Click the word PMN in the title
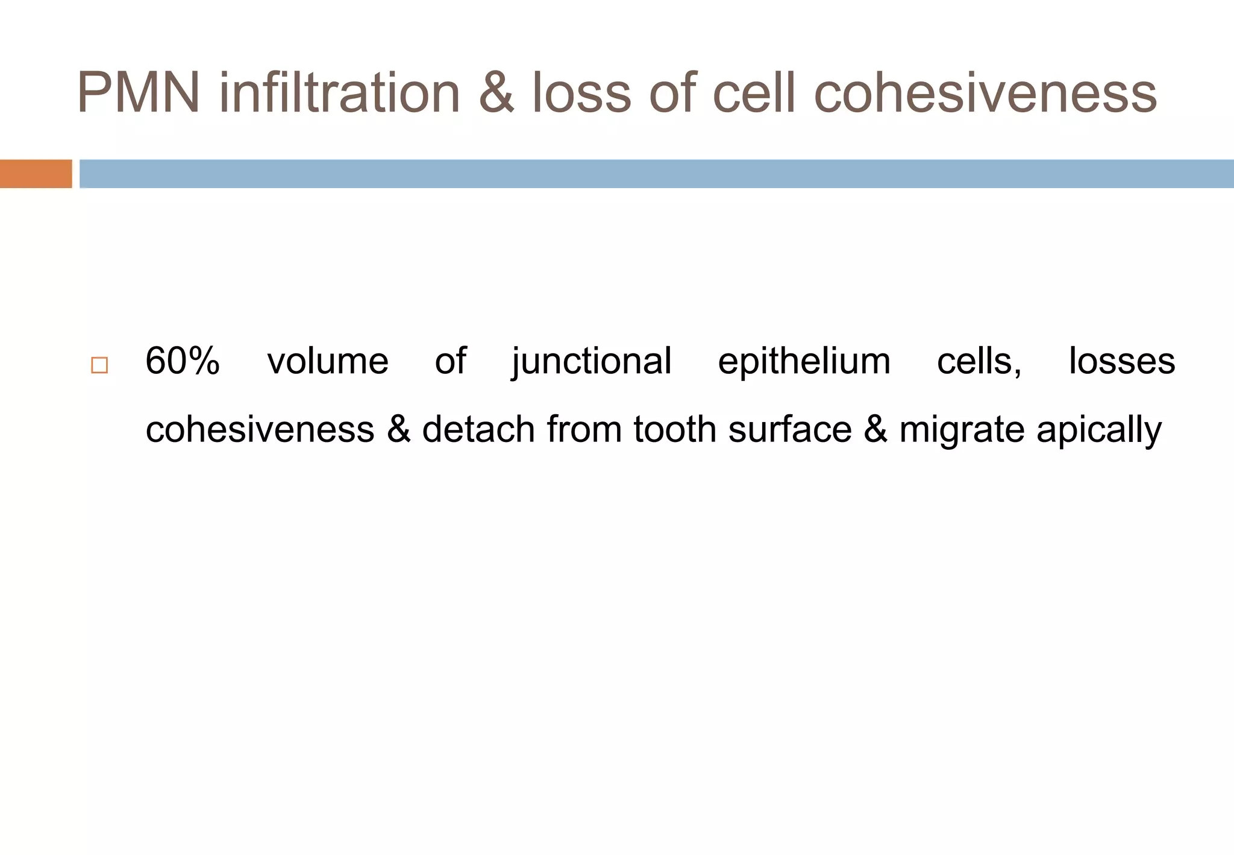139,93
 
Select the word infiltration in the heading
340,93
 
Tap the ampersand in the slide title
496,93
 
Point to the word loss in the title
581,93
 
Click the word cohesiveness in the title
985,93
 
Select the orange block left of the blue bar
36,174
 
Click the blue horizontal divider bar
656,174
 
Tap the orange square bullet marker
99,365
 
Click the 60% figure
183,361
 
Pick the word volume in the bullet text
328,361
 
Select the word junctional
592,362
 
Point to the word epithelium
804,362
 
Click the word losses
1121,361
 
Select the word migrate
962,431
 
